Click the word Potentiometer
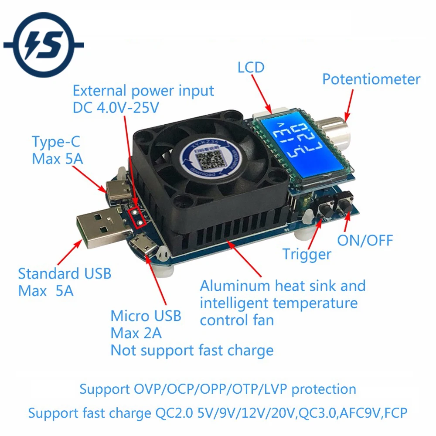pos(371,79)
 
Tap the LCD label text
pos(251,68)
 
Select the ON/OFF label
pos(365,240)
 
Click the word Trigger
pos(307,254)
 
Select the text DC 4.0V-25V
pos(116,108)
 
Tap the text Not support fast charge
pos(192,350)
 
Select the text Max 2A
pos(136,333)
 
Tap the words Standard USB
pos(65,274)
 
